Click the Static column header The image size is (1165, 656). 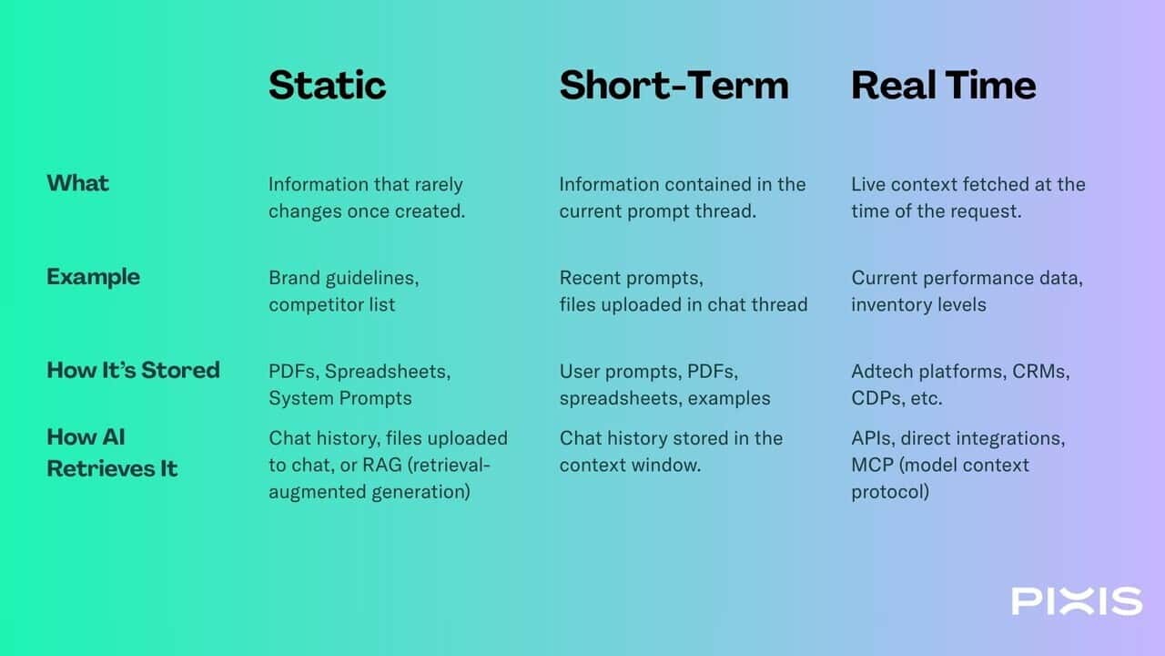[x=327, y=85]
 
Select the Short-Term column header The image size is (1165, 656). [x=674, y=85]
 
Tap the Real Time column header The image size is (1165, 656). [x=944, y=85]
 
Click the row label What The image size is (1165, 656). [x=78, y=183]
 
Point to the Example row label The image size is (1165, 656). [x=93, y=277]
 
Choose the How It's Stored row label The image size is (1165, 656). [x=133, y=370]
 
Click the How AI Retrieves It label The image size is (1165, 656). [x=112, y=453]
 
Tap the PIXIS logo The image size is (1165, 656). [x=1077, y=600]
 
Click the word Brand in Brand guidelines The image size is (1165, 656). [x=294, y=278]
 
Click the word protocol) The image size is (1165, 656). [x=890, y=493]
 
